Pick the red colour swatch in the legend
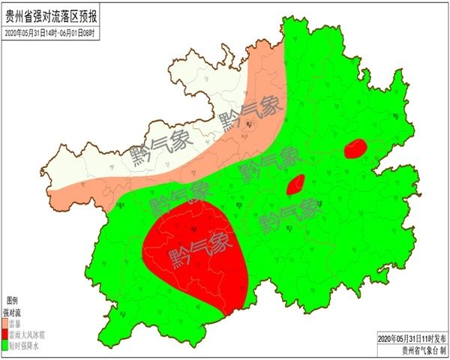point(5,334)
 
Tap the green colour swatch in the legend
point(5,346)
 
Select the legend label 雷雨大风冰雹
point(26,334)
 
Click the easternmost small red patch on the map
point(355,148)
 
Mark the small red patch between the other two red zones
point(295,184)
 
